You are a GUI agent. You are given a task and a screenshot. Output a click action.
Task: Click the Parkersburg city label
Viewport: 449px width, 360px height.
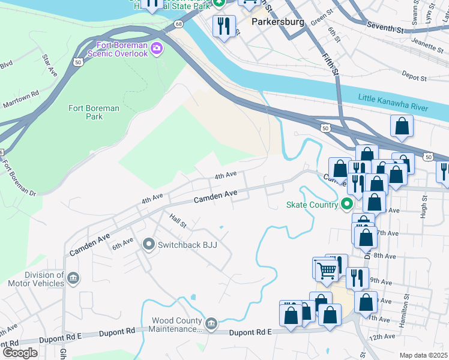[278, 22]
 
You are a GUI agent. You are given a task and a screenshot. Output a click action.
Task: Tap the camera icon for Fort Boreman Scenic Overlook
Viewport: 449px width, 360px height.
[157, 48]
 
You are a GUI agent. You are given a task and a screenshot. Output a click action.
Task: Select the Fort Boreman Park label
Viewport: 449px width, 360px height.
[94, 112]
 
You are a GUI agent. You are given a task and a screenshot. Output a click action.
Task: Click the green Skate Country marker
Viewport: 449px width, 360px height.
[346, 205]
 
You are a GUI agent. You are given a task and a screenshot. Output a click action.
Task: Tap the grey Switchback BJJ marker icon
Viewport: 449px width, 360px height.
[149, 245]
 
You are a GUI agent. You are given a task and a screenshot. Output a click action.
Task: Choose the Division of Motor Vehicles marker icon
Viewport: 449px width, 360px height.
[73, 278]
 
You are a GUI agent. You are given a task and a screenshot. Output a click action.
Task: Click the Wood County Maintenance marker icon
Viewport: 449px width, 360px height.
[211, 324]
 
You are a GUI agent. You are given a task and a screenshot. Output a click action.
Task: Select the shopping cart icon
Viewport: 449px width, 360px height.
[327, 270]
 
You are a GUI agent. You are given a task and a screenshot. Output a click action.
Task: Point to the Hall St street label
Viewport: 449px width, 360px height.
[178, 221]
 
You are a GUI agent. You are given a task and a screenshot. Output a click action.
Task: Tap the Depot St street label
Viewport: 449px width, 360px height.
[414, 78]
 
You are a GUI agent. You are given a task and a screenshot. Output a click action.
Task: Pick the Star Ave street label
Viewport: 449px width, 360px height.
[49, 65]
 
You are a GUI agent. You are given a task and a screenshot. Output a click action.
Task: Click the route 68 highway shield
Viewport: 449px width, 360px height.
[179, 24]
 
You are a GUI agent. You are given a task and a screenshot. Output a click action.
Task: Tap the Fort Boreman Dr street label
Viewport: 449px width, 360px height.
[19, 178]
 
